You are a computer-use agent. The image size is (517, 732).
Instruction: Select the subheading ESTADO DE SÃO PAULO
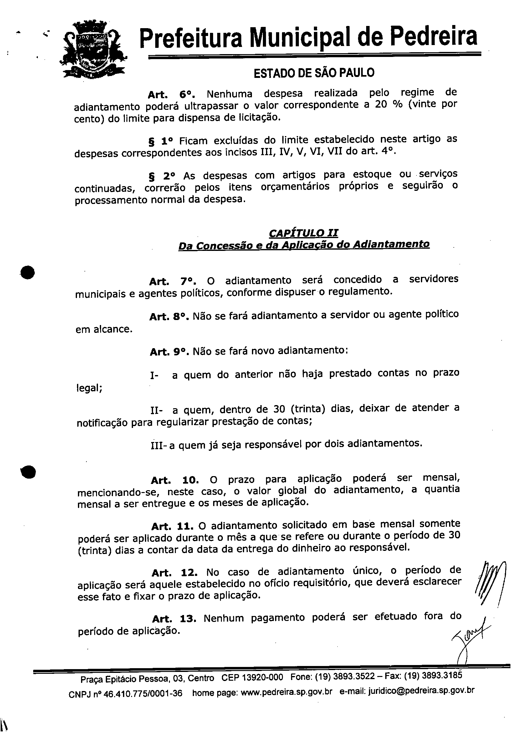(x=314, y=73)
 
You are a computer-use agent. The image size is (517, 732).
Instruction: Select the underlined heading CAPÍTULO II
(x=303, y=233)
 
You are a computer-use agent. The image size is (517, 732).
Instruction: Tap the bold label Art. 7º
(x=172, y=282)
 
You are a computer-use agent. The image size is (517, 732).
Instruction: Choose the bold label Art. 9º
(x=170, y=352)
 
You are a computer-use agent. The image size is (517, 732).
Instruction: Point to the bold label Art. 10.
(x=175, y=480)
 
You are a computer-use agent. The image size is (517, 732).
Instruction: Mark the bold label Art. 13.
(x=174, y=619)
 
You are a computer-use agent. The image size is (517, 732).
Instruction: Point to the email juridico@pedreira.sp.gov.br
(x=421, y=691)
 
